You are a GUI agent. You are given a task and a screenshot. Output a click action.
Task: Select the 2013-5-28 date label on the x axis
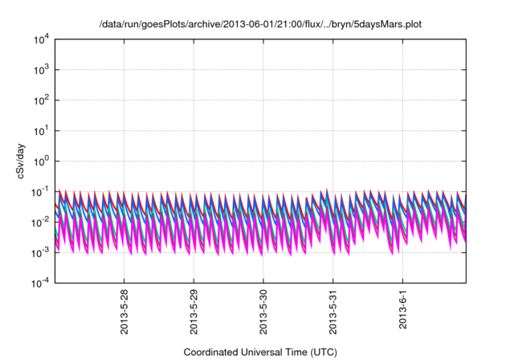point(124,313)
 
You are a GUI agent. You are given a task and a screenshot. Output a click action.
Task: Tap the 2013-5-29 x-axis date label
point(194,313)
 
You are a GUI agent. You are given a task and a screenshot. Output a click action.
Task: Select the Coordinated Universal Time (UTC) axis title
point(260,352)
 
